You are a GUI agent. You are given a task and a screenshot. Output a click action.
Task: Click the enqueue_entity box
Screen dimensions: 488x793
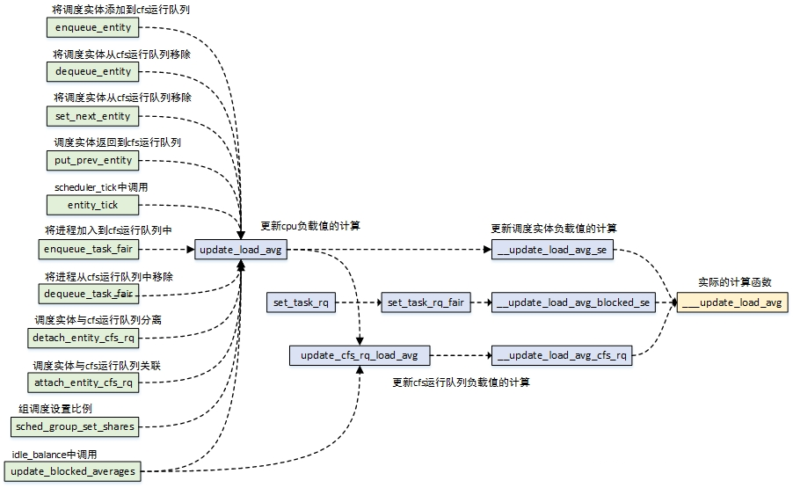point(92,27)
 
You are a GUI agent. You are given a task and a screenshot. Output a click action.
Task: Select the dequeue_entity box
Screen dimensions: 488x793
point(92,71)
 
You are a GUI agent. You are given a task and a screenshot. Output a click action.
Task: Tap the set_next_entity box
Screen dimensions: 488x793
point(92,116)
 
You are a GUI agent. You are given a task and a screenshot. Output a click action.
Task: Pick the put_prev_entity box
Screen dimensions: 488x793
point(92,160)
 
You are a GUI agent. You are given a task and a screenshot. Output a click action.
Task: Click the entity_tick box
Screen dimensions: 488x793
point(92,205)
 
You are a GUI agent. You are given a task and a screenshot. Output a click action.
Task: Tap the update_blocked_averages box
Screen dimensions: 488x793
point(74,471)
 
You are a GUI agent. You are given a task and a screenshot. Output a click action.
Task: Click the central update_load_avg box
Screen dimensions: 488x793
point(241,251)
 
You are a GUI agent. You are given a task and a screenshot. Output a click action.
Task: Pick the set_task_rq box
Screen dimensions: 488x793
point(301,302)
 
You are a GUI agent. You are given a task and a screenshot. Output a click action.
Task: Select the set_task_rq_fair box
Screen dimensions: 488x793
point(425,302)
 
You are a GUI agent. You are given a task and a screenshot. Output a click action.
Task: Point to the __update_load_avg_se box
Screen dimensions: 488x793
point(552,251)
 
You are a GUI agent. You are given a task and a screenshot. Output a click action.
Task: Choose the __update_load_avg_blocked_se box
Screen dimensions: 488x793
point(572,302)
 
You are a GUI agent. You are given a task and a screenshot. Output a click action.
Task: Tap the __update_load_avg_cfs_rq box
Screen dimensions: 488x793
point(562,355)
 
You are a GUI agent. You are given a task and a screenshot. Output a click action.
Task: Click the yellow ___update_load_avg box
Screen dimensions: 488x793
point(732,302)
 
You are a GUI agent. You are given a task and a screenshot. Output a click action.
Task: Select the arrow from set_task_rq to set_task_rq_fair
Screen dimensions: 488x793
point(358,302)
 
